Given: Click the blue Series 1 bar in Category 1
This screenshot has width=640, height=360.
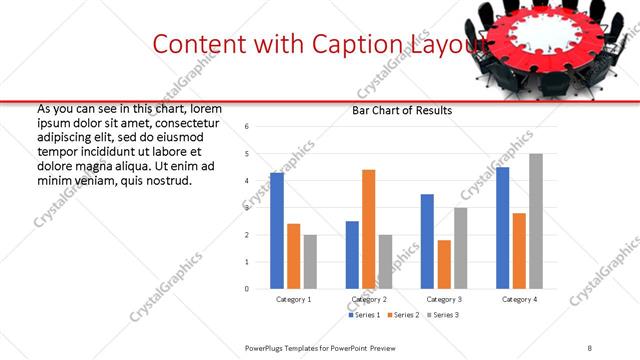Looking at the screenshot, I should (277, 231).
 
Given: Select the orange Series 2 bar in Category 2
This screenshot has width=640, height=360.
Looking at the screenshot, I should (369, 229).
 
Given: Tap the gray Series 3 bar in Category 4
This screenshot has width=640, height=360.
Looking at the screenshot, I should (536, 221).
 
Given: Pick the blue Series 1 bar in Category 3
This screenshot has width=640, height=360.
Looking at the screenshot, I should (427, 241).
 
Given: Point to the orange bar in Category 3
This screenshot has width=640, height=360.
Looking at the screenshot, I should (444, 264).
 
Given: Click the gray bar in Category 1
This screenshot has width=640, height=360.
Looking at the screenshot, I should (310, 261).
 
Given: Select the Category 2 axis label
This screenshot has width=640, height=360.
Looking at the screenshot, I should (369, 299).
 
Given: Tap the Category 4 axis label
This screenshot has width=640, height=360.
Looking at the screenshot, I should (519, 299).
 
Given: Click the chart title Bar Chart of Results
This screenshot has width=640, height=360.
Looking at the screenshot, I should (402, 110).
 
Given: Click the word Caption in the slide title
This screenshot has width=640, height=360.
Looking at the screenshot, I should (363, 43).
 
